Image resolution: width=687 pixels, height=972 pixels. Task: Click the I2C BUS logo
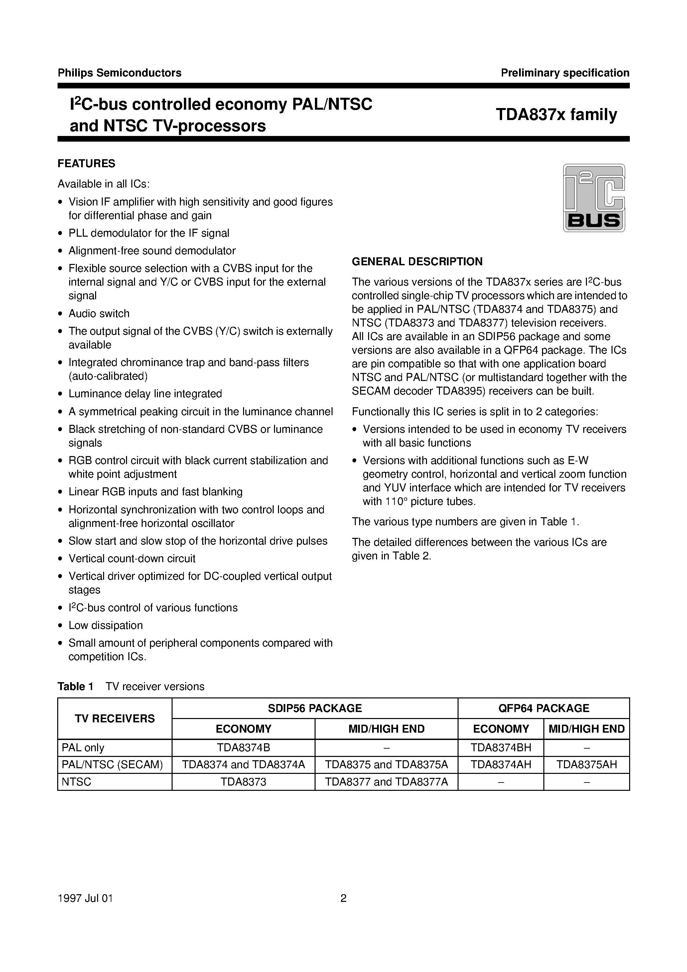594,198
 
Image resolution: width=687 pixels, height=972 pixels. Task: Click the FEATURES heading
86,164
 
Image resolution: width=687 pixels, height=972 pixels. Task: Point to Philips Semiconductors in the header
119,73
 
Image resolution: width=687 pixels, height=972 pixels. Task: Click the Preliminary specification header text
565,73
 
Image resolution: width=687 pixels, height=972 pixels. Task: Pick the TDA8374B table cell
243,748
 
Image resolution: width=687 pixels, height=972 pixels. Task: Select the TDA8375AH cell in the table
586,765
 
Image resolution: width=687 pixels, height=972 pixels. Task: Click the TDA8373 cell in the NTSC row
243,782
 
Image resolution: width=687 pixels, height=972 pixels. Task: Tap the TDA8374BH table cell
501,748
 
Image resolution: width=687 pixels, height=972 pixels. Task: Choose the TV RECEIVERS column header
115,718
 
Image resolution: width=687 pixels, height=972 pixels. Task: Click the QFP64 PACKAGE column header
543,708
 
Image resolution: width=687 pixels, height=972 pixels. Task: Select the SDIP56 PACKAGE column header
315,708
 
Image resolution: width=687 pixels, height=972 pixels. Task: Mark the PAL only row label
83,748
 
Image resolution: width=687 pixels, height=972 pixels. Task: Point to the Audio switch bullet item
99,314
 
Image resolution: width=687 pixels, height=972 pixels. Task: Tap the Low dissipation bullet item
105,625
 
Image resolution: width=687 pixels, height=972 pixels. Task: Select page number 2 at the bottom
343,898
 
